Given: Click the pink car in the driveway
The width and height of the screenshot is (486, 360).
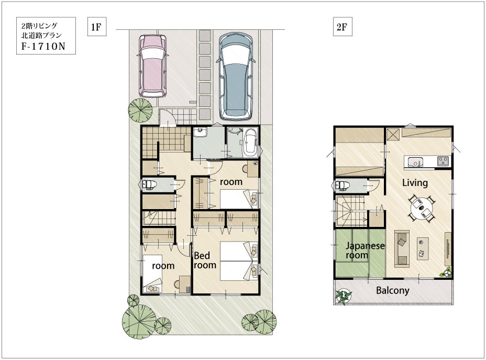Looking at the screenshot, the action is click(152, 66).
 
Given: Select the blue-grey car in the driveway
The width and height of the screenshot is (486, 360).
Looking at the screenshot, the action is click(236, 77).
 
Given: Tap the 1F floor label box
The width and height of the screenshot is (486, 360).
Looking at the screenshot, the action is click(97, 27).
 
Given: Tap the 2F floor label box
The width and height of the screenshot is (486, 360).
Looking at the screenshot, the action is click(343, 27).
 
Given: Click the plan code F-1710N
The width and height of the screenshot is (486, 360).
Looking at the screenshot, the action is click(43, 46).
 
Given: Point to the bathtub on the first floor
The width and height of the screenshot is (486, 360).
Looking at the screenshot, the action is click(250, 143).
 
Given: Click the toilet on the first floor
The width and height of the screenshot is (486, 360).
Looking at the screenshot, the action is click(148, 185).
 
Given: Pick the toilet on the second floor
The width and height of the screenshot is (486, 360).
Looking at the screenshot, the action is click(341, 186).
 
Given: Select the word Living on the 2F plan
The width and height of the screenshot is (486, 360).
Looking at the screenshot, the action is click(415, 183).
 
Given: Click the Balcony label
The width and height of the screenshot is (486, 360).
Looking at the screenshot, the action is click(392, 290).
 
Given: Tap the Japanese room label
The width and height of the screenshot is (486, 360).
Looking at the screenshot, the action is click(365, 250).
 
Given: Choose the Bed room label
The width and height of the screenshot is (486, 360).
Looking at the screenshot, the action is click(205, 260).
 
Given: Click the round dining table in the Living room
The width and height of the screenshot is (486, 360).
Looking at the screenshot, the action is click(421, 208).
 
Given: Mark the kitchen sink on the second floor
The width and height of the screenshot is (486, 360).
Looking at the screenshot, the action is click(415, 162).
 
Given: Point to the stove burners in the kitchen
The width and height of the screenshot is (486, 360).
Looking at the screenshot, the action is click(443, 161).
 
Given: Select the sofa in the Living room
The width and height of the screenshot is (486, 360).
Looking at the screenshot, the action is click(402, 249).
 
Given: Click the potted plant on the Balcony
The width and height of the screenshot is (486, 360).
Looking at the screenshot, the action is click(344, 297).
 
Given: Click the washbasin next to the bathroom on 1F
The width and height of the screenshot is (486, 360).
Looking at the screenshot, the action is click(200, 133).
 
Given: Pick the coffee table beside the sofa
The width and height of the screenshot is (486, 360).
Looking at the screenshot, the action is click(423, 248).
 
